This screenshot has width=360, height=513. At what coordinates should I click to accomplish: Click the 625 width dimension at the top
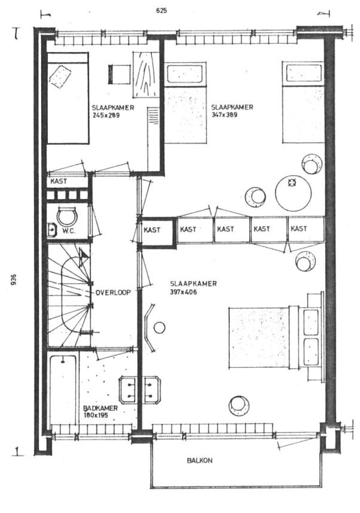click(x=161, y=11)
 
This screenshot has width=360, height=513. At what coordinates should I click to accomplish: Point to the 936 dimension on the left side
click(x=14, y=280)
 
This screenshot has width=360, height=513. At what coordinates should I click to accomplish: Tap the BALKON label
click(x=200, y=461)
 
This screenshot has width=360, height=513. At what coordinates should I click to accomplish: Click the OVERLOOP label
click(x=113, y=292)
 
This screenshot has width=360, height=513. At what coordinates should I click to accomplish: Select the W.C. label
click(x=69, y=230)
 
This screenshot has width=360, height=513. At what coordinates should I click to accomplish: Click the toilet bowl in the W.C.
click(x=67, y=216)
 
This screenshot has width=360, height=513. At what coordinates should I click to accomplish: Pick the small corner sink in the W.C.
click(x=52, y=229)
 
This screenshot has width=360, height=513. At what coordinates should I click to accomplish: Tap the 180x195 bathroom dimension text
click(x=96, y=416)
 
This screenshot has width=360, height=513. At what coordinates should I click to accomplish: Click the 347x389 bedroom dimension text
click(x=224, y=115)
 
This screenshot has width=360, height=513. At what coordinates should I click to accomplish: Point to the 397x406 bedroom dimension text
click(x=183, y=292)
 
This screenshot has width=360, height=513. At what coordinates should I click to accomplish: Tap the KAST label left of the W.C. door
click(x=59, y=181)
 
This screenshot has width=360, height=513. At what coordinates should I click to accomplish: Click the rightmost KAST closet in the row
click(x=306, y=229)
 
